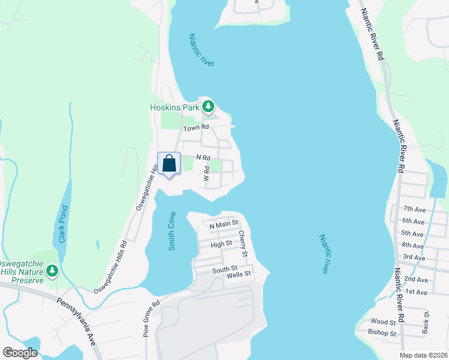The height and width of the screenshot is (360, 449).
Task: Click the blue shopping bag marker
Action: coord(169,163)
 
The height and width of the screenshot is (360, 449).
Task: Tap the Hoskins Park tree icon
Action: coord(208,107)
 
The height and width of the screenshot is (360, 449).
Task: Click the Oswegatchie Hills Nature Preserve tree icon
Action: coord(52,271)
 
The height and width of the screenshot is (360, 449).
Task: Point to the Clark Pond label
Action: coord(62,225)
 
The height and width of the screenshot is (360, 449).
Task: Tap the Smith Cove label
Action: coord(172,231)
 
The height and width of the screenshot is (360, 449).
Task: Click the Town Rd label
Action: coord(196,128)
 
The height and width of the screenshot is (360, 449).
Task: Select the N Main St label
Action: coord(223,224)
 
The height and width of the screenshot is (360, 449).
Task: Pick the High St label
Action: coord(221,244)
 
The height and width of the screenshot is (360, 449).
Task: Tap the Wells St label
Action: coord(238,275)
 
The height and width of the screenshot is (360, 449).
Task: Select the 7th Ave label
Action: coord(414,209)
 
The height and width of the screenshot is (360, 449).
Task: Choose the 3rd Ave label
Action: coord(414,257)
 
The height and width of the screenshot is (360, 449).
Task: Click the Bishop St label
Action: coord(382,333)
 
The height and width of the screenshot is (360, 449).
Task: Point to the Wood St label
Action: coord(384,322)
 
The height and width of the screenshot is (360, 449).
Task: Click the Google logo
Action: coord(20,352)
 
